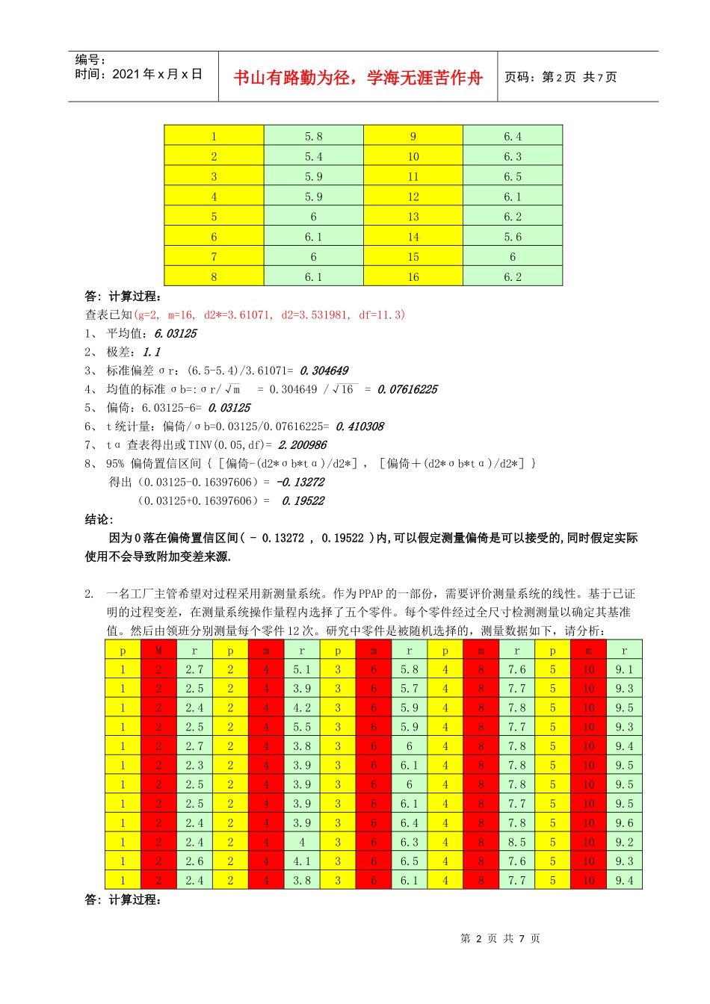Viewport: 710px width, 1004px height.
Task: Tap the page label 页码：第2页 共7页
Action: pos(561,77)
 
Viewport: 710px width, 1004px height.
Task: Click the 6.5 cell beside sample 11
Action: pos(513,177)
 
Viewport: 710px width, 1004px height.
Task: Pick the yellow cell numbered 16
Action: pos(413,277)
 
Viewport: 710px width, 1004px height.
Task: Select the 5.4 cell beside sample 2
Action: pos(313,157)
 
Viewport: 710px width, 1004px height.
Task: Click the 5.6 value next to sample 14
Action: pos(513,237)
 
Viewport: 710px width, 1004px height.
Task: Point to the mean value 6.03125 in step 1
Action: pos(175,334)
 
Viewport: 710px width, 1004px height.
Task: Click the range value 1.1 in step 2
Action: pos(151,352)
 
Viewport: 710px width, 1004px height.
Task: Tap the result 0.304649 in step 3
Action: pos(324,371)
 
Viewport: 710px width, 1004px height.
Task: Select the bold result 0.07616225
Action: pos(407,389)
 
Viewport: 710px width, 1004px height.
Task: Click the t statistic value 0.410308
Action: pos(359,427)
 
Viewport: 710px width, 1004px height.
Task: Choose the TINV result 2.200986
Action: pos(302,445)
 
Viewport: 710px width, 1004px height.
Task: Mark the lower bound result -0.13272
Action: pos(300,483)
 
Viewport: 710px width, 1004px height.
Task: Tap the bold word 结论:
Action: pos(99,519)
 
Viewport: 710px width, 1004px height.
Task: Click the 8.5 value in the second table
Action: pos(516,843)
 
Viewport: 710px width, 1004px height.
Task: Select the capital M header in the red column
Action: pos(158,651)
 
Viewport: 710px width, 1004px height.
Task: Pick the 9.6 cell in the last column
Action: pos(624,823)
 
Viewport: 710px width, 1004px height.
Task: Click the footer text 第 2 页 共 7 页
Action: pos(500,938)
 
